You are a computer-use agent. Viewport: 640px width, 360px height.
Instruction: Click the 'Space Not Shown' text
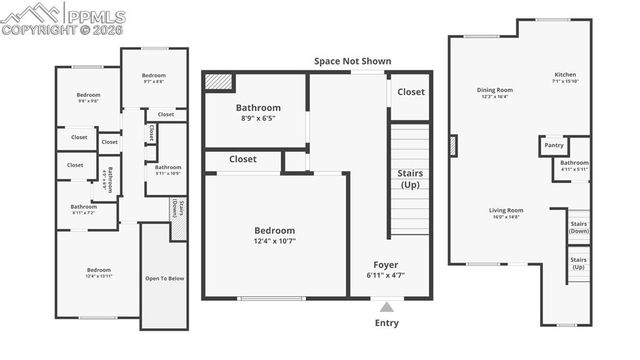(352, 62)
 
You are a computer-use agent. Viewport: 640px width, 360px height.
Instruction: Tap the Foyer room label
(386, 269)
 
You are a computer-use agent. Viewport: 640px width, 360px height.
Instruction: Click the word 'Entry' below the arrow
(386, 323)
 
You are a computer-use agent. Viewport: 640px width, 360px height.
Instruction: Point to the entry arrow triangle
(386, 306)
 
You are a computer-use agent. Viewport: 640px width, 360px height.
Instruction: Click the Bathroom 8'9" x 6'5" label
(257, 113)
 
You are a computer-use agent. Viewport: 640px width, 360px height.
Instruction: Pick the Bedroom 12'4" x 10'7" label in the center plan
(274, 235)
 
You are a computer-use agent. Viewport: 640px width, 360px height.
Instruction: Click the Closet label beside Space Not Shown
(410, 92)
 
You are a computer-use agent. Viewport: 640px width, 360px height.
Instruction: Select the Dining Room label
(494, 93)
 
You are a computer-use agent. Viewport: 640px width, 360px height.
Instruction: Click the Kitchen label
(566, 78)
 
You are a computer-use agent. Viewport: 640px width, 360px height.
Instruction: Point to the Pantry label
(554, 145)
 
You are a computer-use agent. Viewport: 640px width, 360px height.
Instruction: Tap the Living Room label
(506, 213)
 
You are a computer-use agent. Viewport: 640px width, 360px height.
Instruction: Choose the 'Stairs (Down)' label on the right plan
(578, 228)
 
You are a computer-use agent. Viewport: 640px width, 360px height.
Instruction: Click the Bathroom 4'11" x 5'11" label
(574, 165)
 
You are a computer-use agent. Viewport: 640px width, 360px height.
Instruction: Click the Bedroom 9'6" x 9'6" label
(88, 97)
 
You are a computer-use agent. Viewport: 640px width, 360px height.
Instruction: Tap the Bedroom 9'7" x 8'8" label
(153, 78)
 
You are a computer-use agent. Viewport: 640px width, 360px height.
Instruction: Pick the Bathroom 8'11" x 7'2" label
(83, 209)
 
